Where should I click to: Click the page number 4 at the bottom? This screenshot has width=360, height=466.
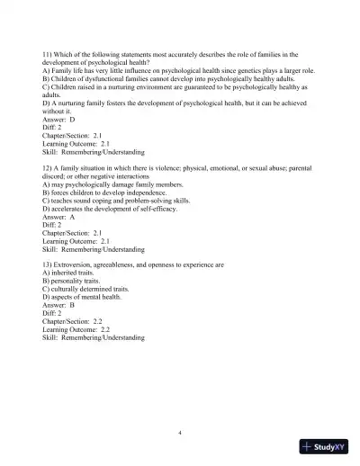(x=180, y=433)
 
